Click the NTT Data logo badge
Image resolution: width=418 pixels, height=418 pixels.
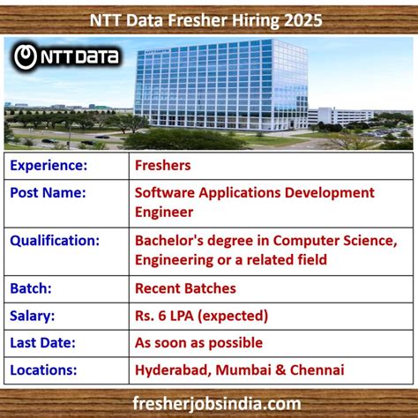(x=67, y=59)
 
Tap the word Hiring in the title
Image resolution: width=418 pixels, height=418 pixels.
(x=250, y=19)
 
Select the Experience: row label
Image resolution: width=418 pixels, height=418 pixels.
(x=49, y=165)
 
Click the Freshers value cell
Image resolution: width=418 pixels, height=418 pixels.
(x=163, y=165)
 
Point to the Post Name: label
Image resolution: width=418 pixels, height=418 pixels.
(x=49, y=192)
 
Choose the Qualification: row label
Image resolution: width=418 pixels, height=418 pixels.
(x=56, y=239)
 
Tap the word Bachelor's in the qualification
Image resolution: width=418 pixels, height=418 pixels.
(x=172, y=239)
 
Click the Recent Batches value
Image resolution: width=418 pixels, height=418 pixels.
(x=185, y=287)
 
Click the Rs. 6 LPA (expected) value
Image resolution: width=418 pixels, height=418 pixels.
(x=201, y=315)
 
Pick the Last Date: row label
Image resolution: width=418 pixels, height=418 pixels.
(x=45, y=342)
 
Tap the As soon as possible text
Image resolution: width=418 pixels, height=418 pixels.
(x=198, y=342)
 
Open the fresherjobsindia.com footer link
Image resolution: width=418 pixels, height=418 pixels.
(x=209, y=402)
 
